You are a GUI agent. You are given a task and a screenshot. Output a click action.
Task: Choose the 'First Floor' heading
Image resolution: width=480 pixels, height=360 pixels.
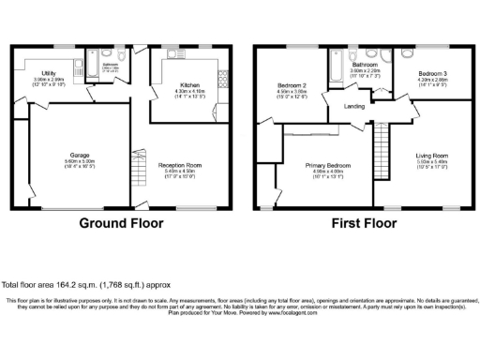click(x=362, y=224)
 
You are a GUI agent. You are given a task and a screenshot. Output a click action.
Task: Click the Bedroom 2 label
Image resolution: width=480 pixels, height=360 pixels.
click(x=292, y=85)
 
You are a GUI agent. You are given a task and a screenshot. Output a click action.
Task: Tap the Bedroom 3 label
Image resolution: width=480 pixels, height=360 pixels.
click(x=431, y=73)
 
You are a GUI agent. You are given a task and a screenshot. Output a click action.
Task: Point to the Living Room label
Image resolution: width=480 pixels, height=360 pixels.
click(x=432, y=156)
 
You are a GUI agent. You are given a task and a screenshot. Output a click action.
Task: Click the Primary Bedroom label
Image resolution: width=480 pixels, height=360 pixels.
click(x=325, y=165)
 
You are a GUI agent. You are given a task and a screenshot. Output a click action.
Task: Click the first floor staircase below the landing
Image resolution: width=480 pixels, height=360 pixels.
click(x=381, y=145)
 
